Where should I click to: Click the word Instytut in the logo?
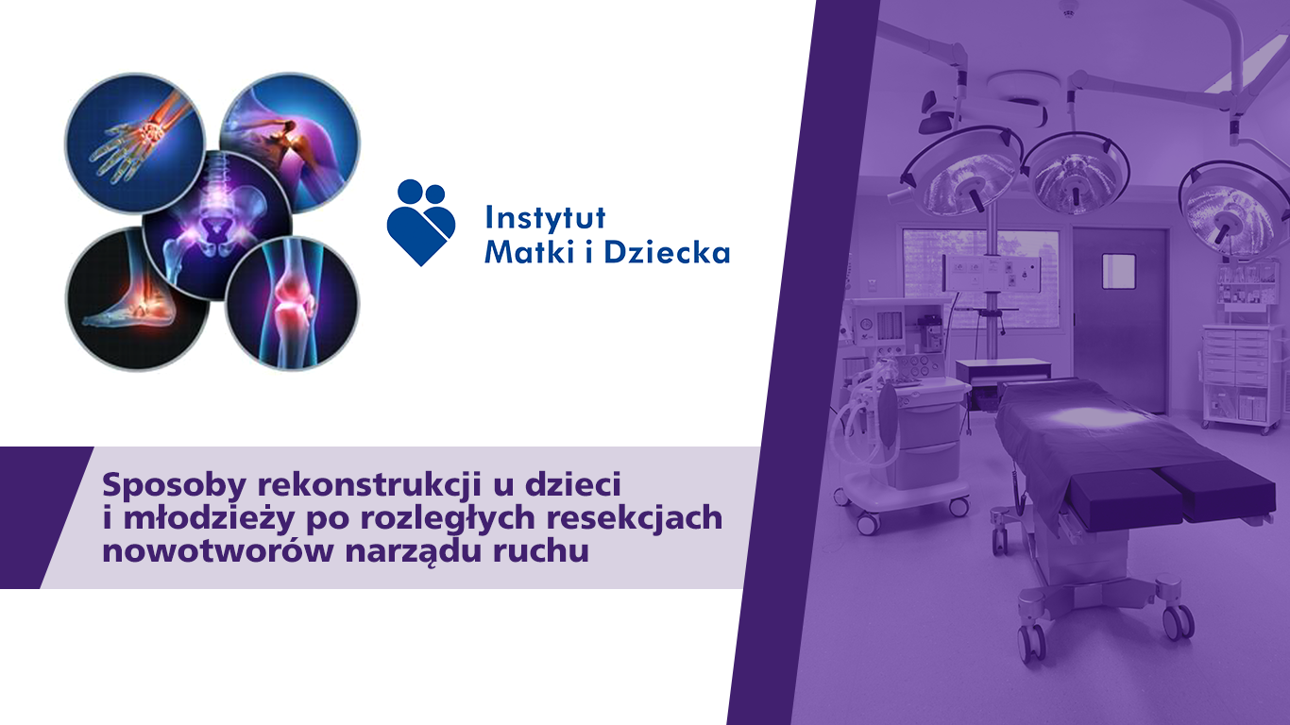coord(546,218)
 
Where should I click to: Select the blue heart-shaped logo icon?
coord(421,222)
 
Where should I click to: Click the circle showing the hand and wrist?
coord(135,143)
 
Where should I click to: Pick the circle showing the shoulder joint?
coord(290,143)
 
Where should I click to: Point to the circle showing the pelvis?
coord(217,226)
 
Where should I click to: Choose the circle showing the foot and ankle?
coord(137,299)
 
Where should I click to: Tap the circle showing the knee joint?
coord(292,303)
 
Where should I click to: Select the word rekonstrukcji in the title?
coord(369,485)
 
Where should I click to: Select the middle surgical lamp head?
coord(1076,173)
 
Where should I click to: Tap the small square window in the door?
coord(1118,271)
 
